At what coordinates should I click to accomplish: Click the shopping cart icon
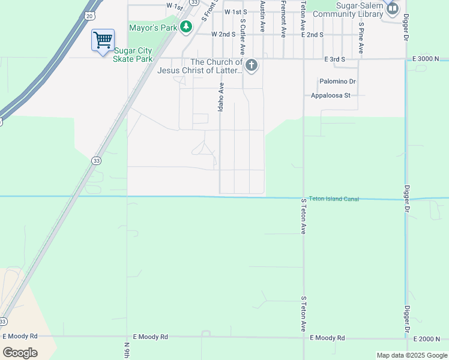click(x=103, y=40)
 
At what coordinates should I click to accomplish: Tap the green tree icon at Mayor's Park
click(x=186, y=26)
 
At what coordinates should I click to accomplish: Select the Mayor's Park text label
click(x=153, y=27)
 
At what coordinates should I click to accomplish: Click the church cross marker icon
click(x=252, y=65)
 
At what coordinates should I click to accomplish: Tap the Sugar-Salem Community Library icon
click(x=393, y=8)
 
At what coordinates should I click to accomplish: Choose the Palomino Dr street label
click(x=337, y=81)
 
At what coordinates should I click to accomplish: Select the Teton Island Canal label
click(x=334, y=199)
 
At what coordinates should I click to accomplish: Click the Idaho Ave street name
click(x=220, y=97)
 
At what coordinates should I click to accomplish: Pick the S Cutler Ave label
click(x=243, y=37)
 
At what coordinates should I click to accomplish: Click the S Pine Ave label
click(x=361, y=37)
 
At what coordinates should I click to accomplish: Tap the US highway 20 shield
click(x=89, y=15)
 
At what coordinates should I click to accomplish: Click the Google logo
click(x=20, y=352)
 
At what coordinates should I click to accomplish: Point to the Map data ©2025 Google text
click(x=412, y=355)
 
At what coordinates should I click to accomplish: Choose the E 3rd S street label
click(x=335, y=59)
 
